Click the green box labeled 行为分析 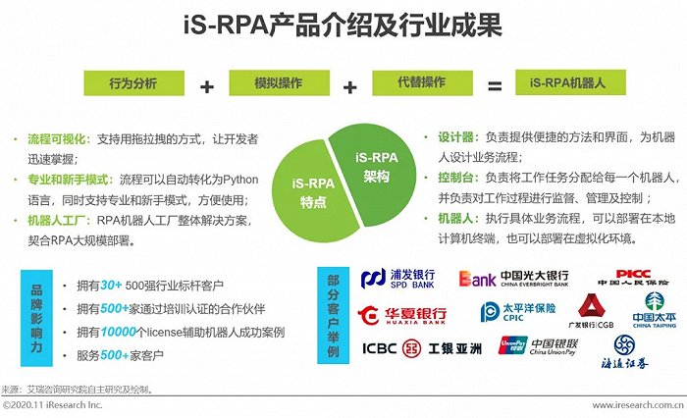[132, 83]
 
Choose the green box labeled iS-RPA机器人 [570, 83]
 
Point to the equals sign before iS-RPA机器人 [496, 85]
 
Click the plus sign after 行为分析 [206, 85]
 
